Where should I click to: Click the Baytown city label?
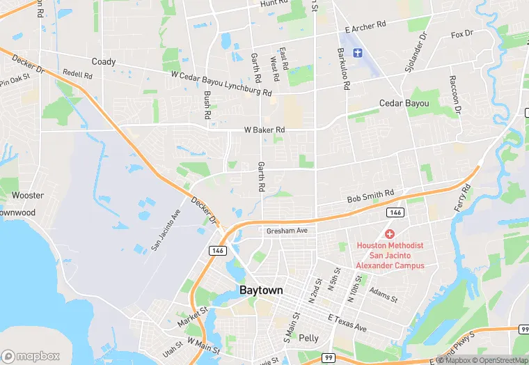(x=261, y=290)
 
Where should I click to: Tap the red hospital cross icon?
(x=390, y=234)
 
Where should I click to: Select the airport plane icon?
(x=358, y=53)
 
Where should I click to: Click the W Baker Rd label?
(x=264, y=130)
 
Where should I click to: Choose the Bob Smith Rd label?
(x=370, y=196)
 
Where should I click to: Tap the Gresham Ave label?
(x=287, y=231)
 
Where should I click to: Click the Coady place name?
(x=104, y=62)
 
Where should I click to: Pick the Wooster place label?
(x=28, y=196)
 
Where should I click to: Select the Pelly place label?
(x=308, y=338)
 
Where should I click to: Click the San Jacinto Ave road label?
(x=166, y=231)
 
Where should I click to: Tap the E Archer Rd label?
(x=365, y=28)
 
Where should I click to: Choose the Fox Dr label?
(x=461, y=33)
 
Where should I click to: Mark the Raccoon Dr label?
(x=454, y=95)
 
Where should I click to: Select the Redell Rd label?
(x=77, y=73)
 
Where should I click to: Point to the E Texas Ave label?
(x=347, y=323)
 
